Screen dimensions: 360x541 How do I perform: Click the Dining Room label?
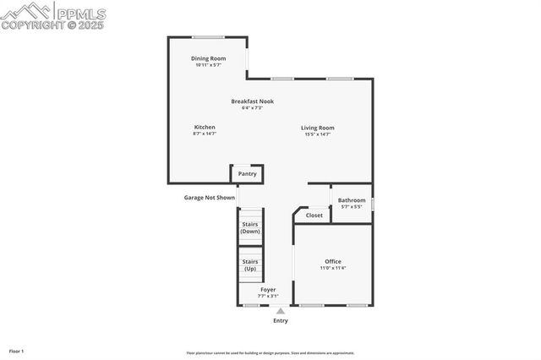click(x=208, y=58)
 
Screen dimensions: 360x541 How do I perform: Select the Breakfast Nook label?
click(x=252, y=101)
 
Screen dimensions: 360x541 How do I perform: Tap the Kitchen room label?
click(x=205, y=128)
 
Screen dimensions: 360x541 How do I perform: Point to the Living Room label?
click(x=318, y=128)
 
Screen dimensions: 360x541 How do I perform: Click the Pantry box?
click(x=247, y=174)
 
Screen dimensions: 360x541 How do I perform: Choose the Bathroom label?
click(x=352, y=200)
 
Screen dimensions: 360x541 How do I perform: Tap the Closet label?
click(x=314, y=215)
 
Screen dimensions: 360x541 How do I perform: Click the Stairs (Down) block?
click(x=250, y=228)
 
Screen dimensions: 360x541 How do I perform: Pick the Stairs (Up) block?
click(x=250, y=265)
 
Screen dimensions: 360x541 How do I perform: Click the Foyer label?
click(x=267, y=290)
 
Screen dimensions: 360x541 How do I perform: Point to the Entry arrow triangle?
click(x=281, y=311)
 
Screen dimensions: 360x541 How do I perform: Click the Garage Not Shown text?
click(x=210, y=198)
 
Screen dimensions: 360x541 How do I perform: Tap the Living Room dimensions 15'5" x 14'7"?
click(x=318, y=134)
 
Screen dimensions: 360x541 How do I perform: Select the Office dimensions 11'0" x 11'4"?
click(x=333, y=268)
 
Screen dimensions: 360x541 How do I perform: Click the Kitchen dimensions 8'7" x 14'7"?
click(x=205, y=134)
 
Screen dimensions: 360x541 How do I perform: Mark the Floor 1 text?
click(x=17, y=351)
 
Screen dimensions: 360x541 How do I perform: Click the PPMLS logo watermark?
click(x=54, y=16)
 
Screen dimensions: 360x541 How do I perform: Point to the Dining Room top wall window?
click(x=208, y=37)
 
